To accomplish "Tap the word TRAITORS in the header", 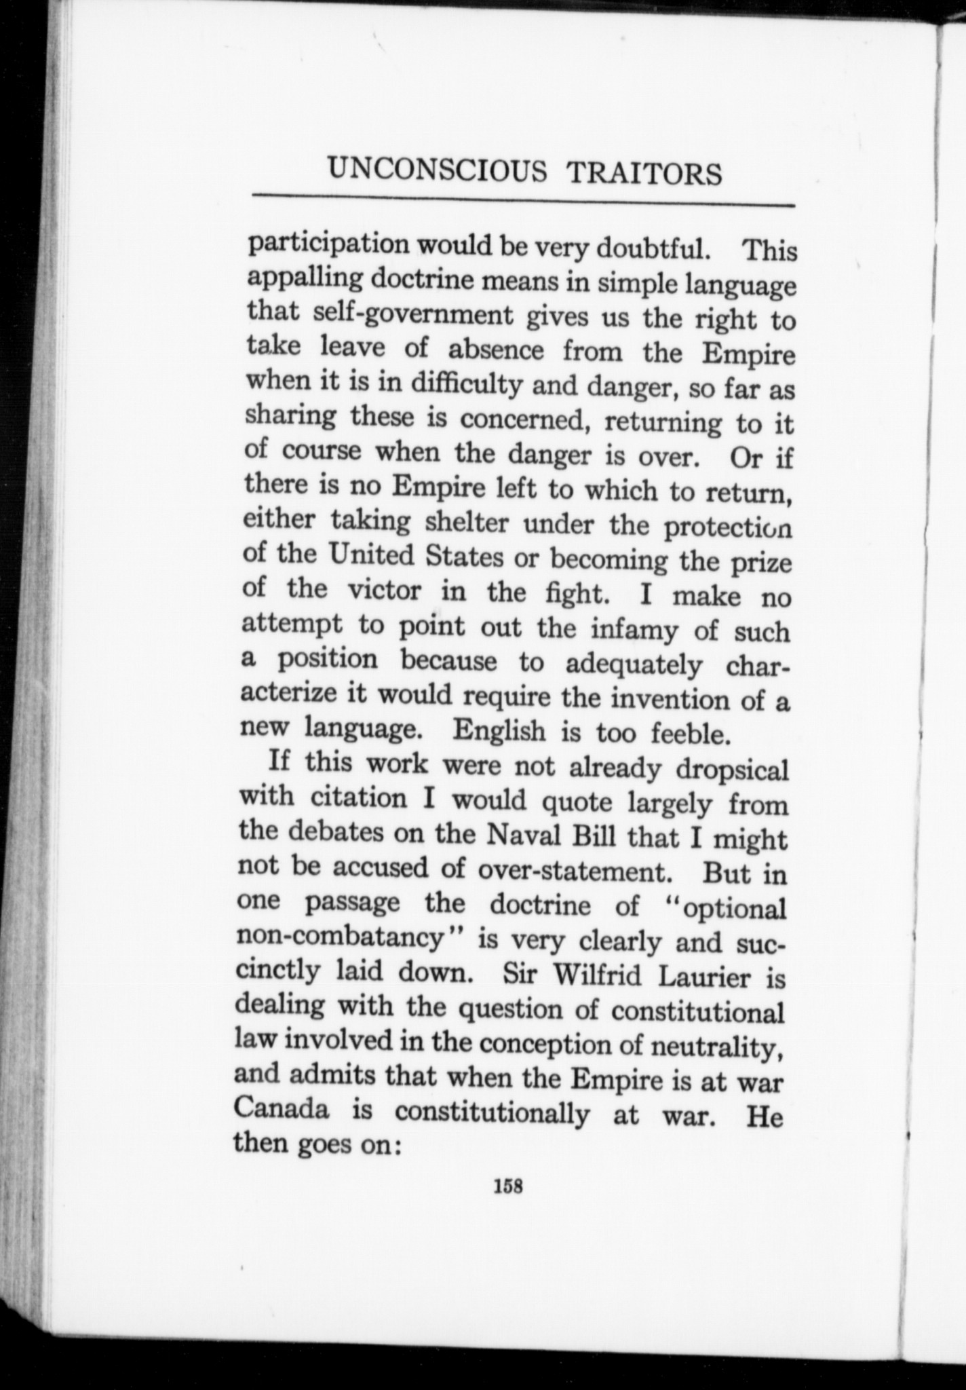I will point(644,174).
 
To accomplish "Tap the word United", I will point(370,556).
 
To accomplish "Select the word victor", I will point(384,590).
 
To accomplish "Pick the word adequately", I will point(634,664).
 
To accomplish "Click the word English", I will point(499,730).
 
